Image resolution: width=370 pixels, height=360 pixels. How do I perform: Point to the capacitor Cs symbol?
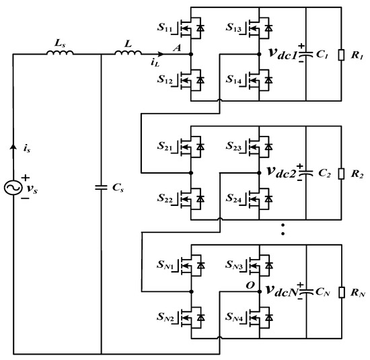tap(101, 186)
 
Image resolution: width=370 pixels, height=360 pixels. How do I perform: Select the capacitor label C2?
tap(324, 172)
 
